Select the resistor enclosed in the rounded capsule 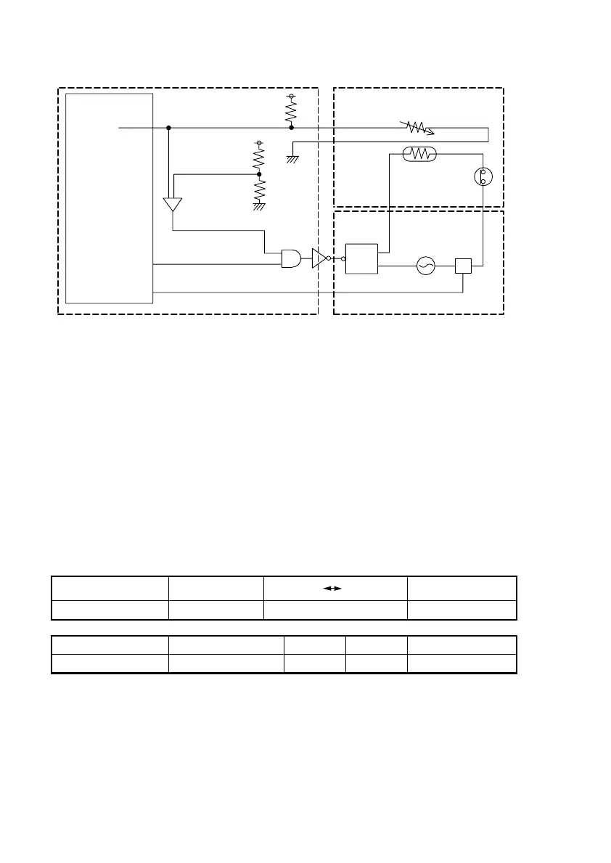pos(419,154)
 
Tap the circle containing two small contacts pos(483,176)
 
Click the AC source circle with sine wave pos(425,267)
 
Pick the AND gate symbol pos(292,258)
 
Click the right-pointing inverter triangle pos(319,258)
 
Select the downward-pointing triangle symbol pos(172,204)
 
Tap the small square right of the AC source pos(463,266)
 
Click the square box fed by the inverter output pos(362,258)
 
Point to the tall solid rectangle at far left pos(110,197)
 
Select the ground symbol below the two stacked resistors pos(258,207)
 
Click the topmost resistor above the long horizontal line pos(292,111)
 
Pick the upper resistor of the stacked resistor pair pos(258,158)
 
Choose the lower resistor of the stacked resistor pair pos(258,189)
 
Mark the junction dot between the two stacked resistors pos(259,174)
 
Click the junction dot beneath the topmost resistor pos(292,128)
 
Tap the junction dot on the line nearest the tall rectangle pos(168,128)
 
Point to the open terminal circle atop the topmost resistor pos(292,96)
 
